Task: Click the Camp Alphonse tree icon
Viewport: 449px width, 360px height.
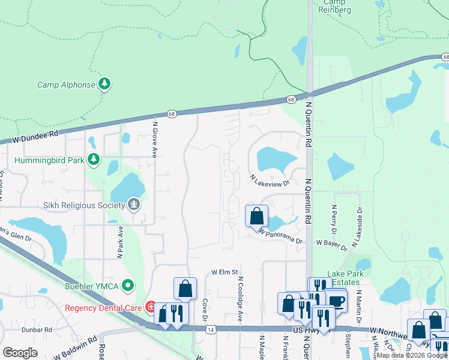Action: (105, 84)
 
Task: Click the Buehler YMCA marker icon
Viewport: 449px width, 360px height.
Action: (127, 286)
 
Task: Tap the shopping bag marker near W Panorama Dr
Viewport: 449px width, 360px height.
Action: (256, 215)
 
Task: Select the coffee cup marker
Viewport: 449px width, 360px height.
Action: (336, 300)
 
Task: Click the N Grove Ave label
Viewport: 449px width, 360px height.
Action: (155, 139)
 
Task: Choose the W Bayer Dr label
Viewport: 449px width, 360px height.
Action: (331, 244)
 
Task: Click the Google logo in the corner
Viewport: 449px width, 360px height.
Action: (20, 353)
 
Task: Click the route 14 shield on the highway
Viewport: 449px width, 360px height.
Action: (209, 329)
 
